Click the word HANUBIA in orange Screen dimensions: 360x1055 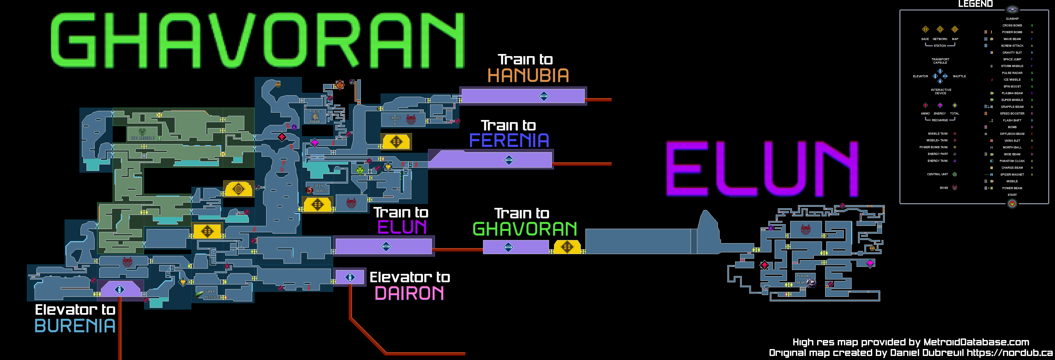528,76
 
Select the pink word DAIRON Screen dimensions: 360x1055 409,293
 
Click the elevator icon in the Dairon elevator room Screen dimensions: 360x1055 350,277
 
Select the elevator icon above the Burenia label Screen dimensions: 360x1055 119,290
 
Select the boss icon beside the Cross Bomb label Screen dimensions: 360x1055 411,119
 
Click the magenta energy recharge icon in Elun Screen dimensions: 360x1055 870,263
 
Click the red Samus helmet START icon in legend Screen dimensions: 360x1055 1012,203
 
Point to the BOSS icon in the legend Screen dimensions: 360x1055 955,188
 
